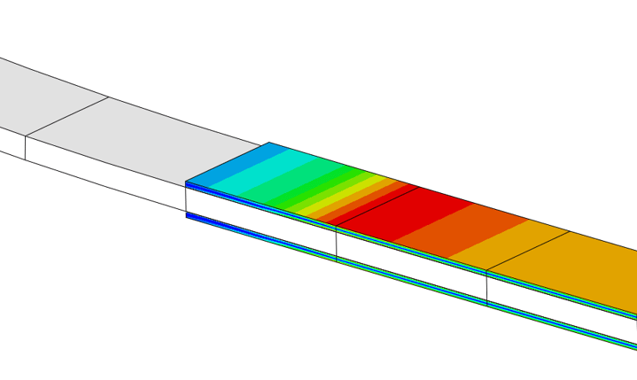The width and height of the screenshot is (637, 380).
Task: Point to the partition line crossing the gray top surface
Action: pyautogui.click(x=66, y=116)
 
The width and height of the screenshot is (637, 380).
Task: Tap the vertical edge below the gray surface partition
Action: pyautogui.click(x=26, y=149)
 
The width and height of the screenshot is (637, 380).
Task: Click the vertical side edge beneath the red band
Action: pyautogui.click(x=337, y=244)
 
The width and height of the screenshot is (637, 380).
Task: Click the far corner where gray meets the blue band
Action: pyautogui.click(x=269, y=143)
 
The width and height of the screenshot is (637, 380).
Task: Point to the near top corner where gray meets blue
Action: pyautogui.click(x=186, y=182)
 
